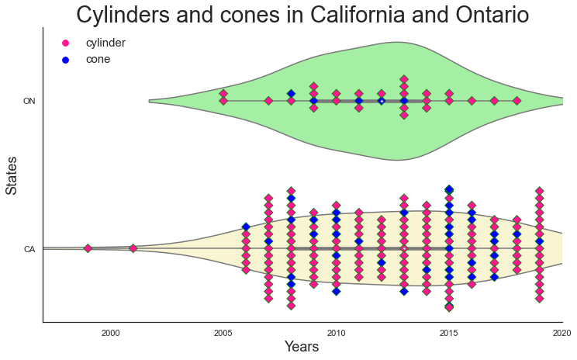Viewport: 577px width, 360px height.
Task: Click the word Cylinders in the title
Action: [x=123, y=15]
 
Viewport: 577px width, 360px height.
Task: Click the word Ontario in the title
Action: [x=492, y=15]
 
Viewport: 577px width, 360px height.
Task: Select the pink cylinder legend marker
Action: [x=65, y=43]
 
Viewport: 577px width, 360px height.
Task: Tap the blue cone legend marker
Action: [x=65, y=60]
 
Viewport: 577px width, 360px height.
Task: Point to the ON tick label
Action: [x=29, y=101]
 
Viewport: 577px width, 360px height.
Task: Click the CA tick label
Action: [x=29, y=249]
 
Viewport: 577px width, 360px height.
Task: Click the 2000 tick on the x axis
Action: [x=110, y=333]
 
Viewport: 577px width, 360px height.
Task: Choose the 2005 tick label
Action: [x=223, y=333]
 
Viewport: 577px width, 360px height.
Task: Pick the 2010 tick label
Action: [x=336, y=333]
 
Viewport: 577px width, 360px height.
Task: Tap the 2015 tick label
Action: [x=448, y=333]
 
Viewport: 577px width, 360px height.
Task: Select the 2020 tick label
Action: [x=561, y=333]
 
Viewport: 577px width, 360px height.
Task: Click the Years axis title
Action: [x=302, y=346]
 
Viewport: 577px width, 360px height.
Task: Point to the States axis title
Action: [x=12, y=175]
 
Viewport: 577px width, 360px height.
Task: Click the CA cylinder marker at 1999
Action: [x=88, y=248]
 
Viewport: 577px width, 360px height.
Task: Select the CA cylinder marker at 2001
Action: [x=133, y=248]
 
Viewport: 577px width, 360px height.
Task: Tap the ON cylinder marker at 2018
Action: [x=517, y=101]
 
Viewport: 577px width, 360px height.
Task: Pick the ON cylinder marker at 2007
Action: [x=268, y=101]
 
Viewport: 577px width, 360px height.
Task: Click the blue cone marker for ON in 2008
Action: [x=291, y=94]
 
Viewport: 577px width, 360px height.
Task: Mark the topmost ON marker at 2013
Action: [x=404, y=79]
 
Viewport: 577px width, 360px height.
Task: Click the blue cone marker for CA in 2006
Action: [x=246, y=227]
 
